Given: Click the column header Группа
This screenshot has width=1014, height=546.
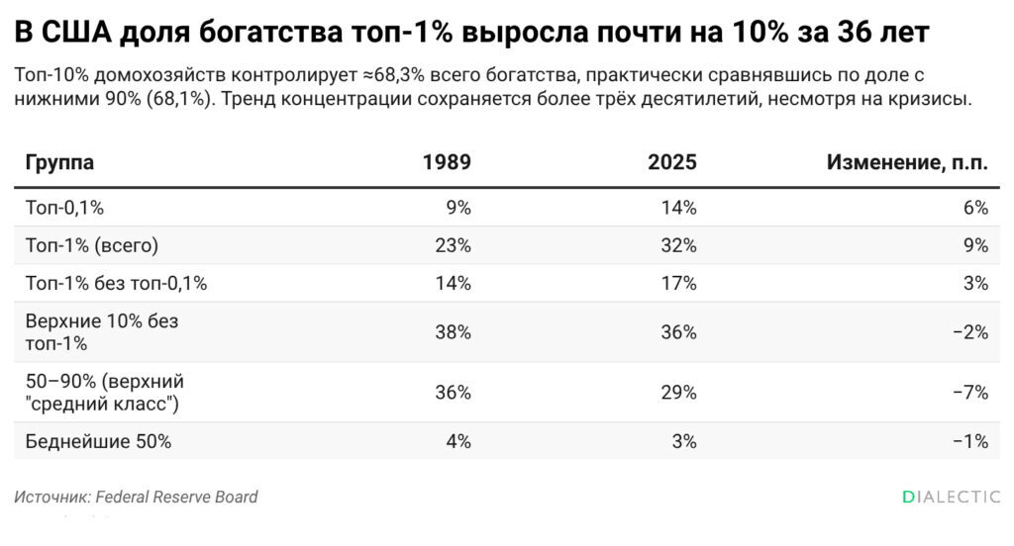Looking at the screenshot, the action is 59,162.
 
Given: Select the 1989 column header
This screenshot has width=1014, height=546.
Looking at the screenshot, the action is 447,161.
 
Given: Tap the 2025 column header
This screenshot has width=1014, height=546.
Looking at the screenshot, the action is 672,161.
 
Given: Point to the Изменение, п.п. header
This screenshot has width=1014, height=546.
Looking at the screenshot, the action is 907,162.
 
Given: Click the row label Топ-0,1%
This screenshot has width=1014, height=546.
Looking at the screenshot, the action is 64,208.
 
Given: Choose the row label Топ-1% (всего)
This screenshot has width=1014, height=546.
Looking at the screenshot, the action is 92,245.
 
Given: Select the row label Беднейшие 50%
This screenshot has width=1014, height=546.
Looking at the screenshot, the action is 98,441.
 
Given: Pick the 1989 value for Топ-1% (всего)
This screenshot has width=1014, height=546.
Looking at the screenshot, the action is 454,245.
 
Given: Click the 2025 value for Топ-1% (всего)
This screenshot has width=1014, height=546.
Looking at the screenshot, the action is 679,245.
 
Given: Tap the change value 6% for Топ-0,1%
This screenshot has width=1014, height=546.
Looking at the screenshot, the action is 975,208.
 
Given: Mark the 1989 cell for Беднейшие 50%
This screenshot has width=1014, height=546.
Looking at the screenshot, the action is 458,441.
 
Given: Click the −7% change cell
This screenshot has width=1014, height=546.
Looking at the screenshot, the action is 970,393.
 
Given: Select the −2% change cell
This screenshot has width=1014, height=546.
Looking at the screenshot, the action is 970,332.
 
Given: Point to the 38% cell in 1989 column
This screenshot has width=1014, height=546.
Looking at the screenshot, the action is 454,332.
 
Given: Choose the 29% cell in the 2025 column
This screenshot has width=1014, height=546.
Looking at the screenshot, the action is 679,393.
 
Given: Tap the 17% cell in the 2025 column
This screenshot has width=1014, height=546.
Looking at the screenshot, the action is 679,283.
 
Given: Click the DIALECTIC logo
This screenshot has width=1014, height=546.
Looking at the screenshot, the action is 952,497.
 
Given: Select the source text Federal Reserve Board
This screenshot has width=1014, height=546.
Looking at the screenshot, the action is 176,497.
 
